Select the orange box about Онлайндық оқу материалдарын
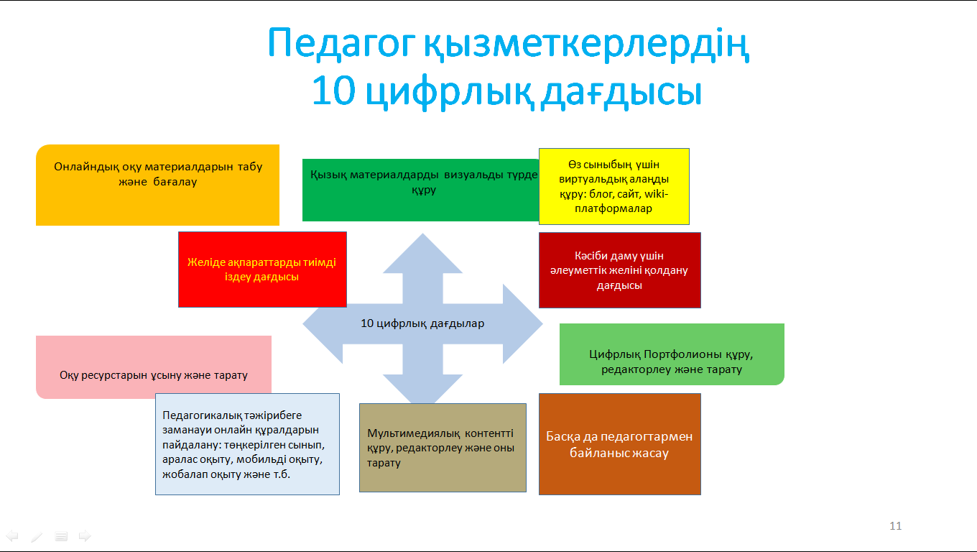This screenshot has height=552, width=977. (x=157, y=185)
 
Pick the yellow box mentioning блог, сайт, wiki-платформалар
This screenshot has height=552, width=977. (x=613, y=187)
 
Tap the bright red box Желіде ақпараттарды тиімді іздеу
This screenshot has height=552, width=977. (x=262, y=270)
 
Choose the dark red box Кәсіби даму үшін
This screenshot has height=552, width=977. (x=619, y=270)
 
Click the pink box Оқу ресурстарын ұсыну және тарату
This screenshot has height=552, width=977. (x=153, y=367)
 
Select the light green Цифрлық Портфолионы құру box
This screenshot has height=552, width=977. (x=671, y=354)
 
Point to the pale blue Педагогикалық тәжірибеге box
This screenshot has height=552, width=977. (x=247, y=444)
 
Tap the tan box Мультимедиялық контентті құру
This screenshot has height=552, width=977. (x=443, y=448)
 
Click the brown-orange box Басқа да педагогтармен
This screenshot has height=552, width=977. (x=619, y=444)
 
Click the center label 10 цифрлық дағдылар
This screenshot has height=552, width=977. (x=422, y=323)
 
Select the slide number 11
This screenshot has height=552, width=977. (x=895, y=526)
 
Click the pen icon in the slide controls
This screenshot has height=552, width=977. (x=37, y=536)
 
